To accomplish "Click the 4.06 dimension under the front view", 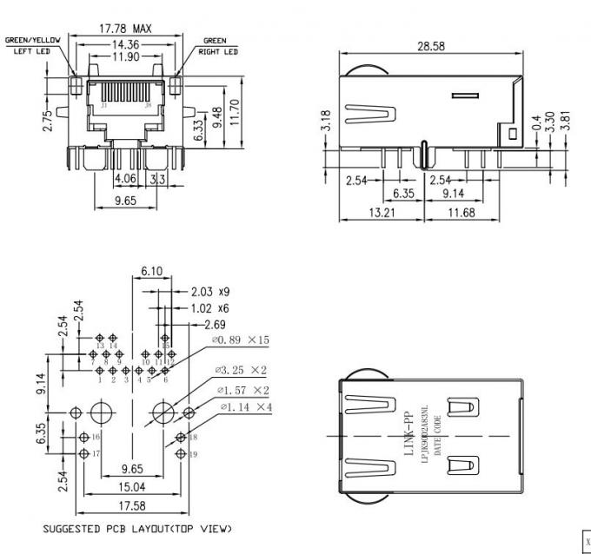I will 125,179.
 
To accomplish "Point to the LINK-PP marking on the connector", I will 408,434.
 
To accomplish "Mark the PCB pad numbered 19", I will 181,453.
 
